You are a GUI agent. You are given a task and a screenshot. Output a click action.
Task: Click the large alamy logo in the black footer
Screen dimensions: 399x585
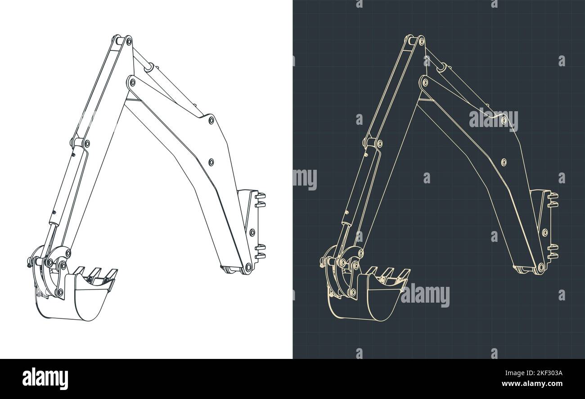pyautogui.click(x=45, y=378)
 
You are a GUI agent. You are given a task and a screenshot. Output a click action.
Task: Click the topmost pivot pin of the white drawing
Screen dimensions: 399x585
pyautogui.click(x=129, y=42)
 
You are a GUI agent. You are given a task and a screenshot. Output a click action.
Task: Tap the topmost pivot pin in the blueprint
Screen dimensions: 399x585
pyautogui.click(x=421, y=42)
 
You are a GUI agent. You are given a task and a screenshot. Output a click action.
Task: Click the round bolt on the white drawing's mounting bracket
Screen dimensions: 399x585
pyautogui.click(x=252, y=232)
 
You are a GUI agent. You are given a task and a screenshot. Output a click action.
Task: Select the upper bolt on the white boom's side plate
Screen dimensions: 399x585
pyautogui.click(x=211, y=120)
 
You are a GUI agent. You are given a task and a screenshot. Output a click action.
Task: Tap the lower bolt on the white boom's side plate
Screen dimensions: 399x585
pyautogui.click(x=211, y=161)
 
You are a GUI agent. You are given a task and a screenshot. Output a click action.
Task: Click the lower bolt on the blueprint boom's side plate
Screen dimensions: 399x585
pyautogui.click(x=503, y=161)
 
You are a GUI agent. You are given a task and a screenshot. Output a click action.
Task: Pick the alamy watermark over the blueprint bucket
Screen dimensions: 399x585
pyautogui.click(x=425, y=296)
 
